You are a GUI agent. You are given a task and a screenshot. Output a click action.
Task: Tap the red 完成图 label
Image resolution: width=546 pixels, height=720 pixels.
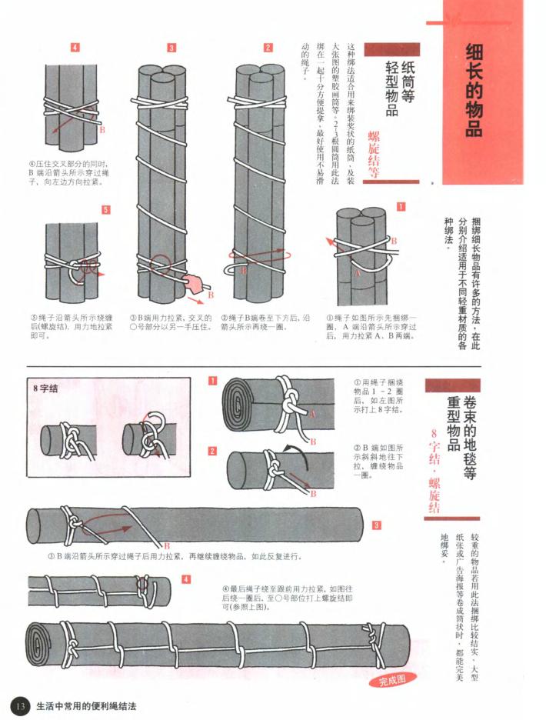[x=397, y=678]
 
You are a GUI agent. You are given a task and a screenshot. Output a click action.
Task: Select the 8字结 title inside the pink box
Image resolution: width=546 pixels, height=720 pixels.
[x=47, y=388]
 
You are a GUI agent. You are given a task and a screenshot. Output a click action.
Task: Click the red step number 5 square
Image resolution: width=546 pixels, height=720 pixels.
[x=106, y=209]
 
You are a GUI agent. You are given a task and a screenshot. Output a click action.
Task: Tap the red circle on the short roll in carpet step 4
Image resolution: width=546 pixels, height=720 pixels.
[x=143, y=585]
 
